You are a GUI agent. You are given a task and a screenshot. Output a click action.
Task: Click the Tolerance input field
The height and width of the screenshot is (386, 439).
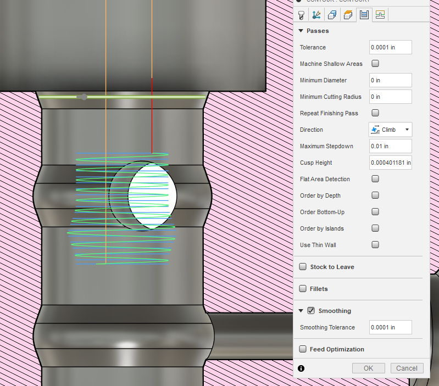pos(390,47)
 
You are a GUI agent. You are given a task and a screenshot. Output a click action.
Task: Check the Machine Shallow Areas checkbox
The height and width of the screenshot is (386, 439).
pos(375,64)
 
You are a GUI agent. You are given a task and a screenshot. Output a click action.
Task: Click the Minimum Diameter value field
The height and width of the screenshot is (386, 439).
pos(390,80)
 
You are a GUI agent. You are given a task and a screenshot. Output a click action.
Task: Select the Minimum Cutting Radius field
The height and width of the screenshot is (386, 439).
pos(390,97)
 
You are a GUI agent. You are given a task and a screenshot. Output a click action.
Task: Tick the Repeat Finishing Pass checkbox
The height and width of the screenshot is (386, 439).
pos(375,113)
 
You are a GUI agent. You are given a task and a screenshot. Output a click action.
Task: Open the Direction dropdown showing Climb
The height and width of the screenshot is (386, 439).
pos(390,130)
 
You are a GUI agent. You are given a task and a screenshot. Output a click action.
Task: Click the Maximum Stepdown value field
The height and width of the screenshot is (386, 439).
pos(390,146)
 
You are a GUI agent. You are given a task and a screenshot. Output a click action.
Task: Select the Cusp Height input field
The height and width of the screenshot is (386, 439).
pos(390,163)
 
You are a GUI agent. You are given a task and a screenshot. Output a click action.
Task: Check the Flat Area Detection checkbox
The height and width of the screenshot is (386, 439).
pos(375,179)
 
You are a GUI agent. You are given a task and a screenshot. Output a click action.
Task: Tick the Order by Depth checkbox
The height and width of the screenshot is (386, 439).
pos(375,195)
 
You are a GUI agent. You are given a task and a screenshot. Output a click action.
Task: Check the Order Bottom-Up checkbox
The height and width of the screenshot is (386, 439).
pos(375,212)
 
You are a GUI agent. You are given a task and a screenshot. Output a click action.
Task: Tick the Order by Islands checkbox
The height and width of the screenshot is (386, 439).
pos(375,228)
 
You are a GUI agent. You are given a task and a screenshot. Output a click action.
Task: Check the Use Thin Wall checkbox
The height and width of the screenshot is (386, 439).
pos(375,245)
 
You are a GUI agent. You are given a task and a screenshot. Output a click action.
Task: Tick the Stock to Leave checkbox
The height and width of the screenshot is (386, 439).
pos(303,267)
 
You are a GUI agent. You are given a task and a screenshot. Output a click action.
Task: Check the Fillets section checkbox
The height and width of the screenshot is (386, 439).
pos(303,289)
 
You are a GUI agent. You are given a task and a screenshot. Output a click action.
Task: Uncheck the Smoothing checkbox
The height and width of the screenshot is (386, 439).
pos(311,311)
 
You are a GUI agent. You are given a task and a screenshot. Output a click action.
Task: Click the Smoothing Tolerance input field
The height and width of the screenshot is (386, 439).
pos(390,327)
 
